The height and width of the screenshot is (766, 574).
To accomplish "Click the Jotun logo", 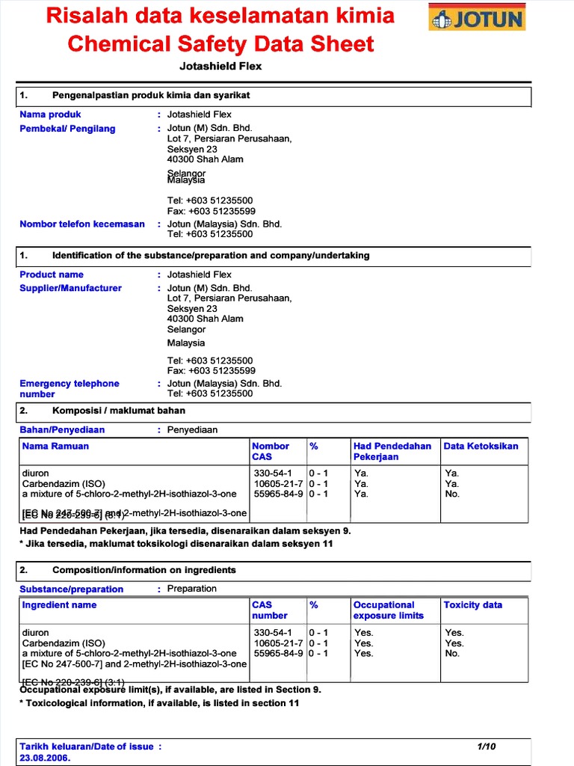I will (477, 17).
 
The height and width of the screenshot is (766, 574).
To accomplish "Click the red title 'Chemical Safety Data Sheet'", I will (220, 44).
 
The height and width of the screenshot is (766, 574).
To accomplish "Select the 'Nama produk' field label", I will (50, 114).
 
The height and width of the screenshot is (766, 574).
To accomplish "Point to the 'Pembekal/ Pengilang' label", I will (67, 129).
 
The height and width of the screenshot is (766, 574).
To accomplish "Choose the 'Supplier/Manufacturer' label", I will (70, 288).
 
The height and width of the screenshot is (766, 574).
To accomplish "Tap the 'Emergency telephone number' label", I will (69, 388).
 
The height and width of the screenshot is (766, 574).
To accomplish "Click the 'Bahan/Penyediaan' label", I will (62, 429).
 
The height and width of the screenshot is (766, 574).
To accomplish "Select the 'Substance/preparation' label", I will (71, 589).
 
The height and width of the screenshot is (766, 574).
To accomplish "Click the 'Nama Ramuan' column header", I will (55, 446).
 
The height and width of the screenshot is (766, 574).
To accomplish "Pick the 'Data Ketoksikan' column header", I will (481, 446).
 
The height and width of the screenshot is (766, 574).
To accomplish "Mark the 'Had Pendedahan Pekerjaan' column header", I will (392, 451).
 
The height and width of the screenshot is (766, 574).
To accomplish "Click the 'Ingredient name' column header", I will (59, 604).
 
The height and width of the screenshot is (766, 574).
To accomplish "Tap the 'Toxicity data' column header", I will (472, 604).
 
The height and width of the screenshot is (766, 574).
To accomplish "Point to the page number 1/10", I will (486, 746).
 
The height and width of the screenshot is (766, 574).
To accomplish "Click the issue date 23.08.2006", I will (45, 757).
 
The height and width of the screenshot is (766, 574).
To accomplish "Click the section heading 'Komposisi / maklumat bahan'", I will (118, 410).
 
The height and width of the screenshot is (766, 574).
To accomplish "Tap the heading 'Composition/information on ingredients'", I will (143, 570).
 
